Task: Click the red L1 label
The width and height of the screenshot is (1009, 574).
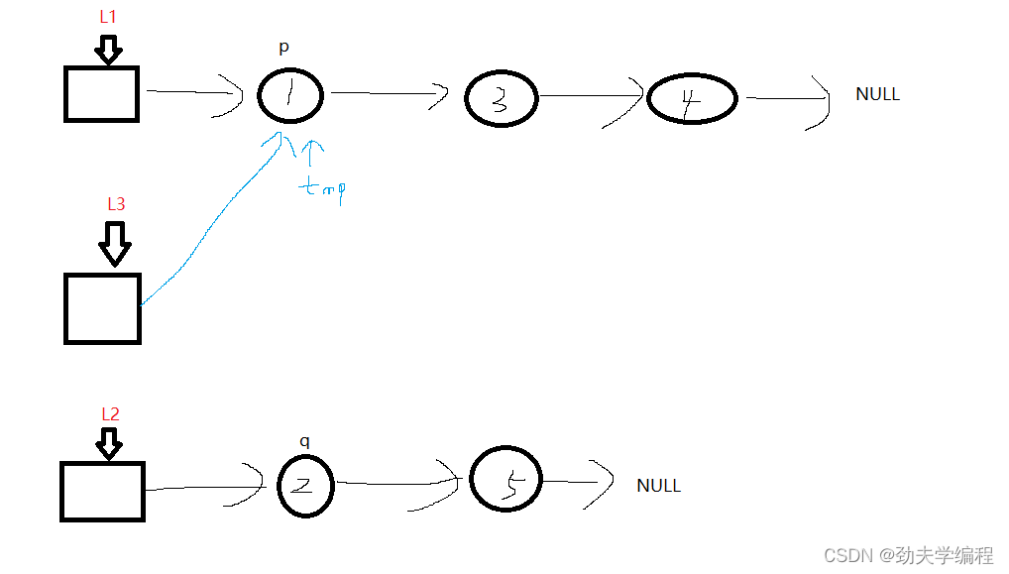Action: [x=107, y=17]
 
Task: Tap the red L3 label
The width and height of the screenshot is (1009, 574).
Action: [x=116, y=204]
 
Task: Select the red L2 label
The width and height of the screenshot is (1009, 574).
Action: [x=111, y=413]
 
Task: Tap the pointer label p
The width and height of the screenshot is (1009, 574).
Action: [x=283, y=47]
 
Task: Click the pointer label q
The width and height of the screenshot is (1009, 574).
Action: [x=304, y=441]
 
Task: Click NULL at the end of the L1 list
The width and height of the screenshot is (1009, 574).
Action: [x=878, y=94]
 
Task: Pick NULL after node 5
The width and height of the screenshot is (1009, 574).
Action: [x=658, y=485]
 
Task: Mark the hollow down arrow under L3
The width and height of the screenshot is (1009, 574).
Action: [x=115, y=244]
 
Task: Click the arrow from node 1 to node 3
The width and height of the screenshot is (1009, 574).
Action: [x=390, y=93]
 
